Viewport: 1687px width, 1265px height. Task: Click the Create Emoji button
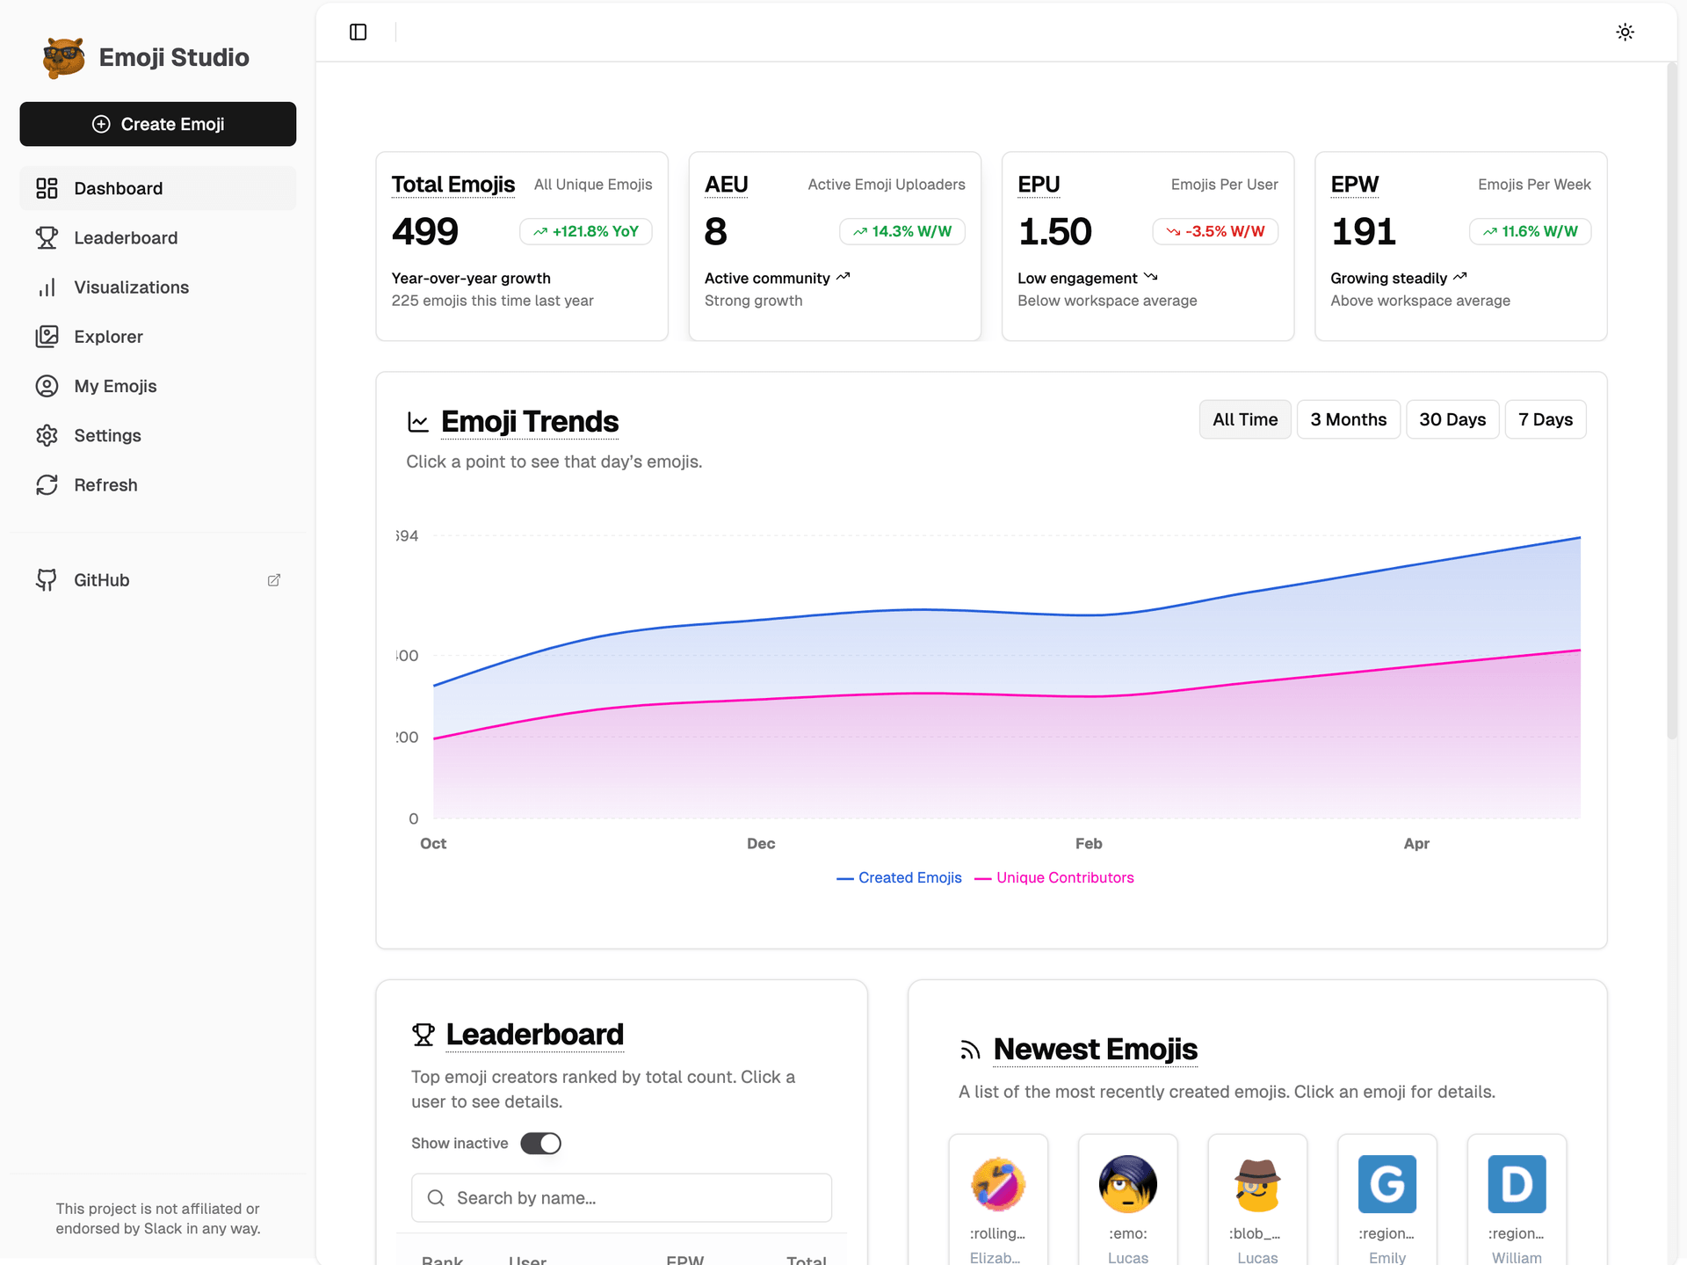coord(158,124)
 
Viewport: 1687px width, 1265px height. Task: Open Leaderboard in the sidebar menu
coord(126,238)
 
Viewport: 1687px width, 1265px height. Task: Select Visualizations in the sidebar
coord(131,287)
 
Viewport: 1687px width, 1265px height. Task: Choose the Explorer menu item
coord(108,337)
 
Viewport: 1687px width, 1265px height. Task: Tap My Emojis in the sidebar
coord(115,386)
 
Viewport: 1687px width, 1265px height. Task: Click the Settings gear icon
coord(47,436)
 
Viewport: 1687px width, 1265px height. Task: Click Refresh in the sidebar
coord(105,485)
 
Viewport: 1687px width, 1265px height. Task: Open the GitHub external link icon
coord(274,580)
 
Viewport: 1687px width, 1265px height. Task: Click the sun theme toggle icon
coord(1625,33)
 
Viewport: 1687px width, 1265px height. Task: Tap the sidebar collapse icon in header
coord(358,33)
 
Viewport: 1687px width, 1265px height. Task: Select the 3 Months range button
coord(1348,419)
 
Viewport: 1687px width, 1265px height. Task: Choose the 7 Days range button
coord(1545,419)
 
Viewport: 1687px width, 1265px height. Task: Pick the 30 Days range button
coord(1452,419)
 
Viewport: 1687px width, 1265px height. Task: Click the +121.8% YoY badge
coord(586,231)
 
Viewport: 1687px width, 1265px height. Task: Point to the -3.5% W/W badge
coord(1215,231)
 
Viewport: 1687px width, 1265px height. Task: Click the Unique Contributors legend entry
coord(1064,877)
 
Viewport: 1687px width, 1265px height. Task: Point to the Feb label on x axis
coord(1089,844)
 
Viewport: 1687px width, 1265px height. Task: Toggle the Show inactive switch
coord(540,1143)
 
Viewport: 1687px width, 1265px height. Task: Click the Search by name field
coord(621,1198)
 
